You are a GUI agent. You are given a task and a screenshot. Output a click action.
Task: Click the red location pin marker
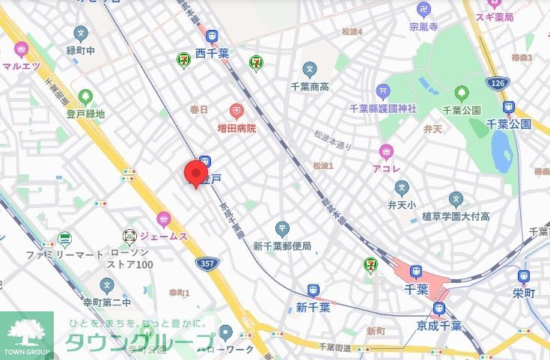pos(197,173)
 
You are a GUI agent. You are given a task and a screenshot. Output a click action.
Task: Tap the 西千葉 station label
pos(213,54)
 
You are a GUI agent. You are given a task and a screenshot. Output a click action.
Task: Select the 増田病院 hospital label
pos(231,128)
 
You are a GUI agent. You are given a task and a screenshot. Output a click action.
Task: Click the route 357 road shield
pos(207,263)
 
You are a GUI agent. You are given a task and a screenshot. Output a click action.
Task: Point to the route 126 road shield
pos(495,82)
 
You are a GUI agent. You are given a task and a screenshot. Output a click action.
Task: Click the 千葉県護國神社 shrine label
pos(382,109)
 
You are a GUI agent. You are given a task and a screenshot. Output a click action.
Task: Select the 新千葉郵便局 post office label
pos(281,245)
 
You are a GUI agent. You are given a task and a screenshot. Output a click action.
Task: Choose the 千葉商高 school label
pos(310,87)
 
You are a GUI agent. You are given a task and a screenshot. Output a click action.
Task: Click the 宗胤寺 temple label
pos(424,26)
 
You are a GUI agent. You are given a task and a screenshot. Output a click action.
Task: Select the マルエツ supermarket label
pos(20,65)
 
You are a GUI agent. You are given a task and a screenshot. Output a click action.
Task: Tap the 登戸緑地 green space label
pos(85,114)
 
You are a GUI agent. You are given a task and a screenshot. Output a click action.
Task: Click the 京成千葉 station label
pos(439,326)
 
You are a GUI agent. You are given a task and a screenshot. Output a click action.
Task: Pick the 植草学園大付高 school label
pos(455,216)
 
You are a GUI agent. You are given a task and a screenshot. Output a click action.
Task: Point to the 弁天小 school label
pos(401,203)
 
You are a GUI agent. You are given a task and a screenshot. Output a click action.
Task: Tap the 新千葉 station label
pos(313,307)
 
